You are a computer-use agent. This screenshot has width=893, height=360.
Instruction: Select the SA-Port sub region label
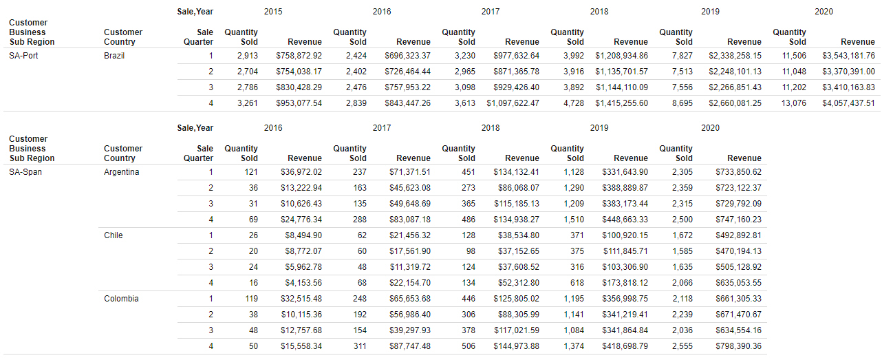tap(23, 56)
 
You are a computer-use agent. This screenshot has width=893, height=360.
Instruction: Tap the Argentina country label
tap(121, 172)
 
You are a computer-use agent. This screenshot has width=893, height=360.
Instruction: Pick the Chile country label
tap(114, 235)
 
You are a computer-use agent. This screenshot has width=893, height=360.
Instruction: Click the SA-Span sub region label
tap(25, 172)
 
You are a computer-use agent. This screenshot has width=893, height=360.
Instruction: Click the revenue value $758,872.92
tap(299, 56)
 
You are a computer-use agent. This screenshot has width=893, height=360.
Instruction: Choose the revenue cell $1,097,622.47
tap(513, 103)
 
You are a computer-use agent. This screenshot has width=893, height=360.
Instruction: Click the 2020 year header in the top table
tap(824, 12)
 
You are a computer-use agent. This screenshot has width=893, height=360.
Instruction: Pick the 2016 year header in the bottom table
tap(273, 128)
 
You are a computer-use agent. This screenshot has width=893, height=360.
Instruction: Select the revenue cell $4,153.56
tap(303, 283)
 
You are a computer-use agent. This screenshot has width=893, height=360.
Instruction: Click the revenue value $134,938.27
tap(516, 220)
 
